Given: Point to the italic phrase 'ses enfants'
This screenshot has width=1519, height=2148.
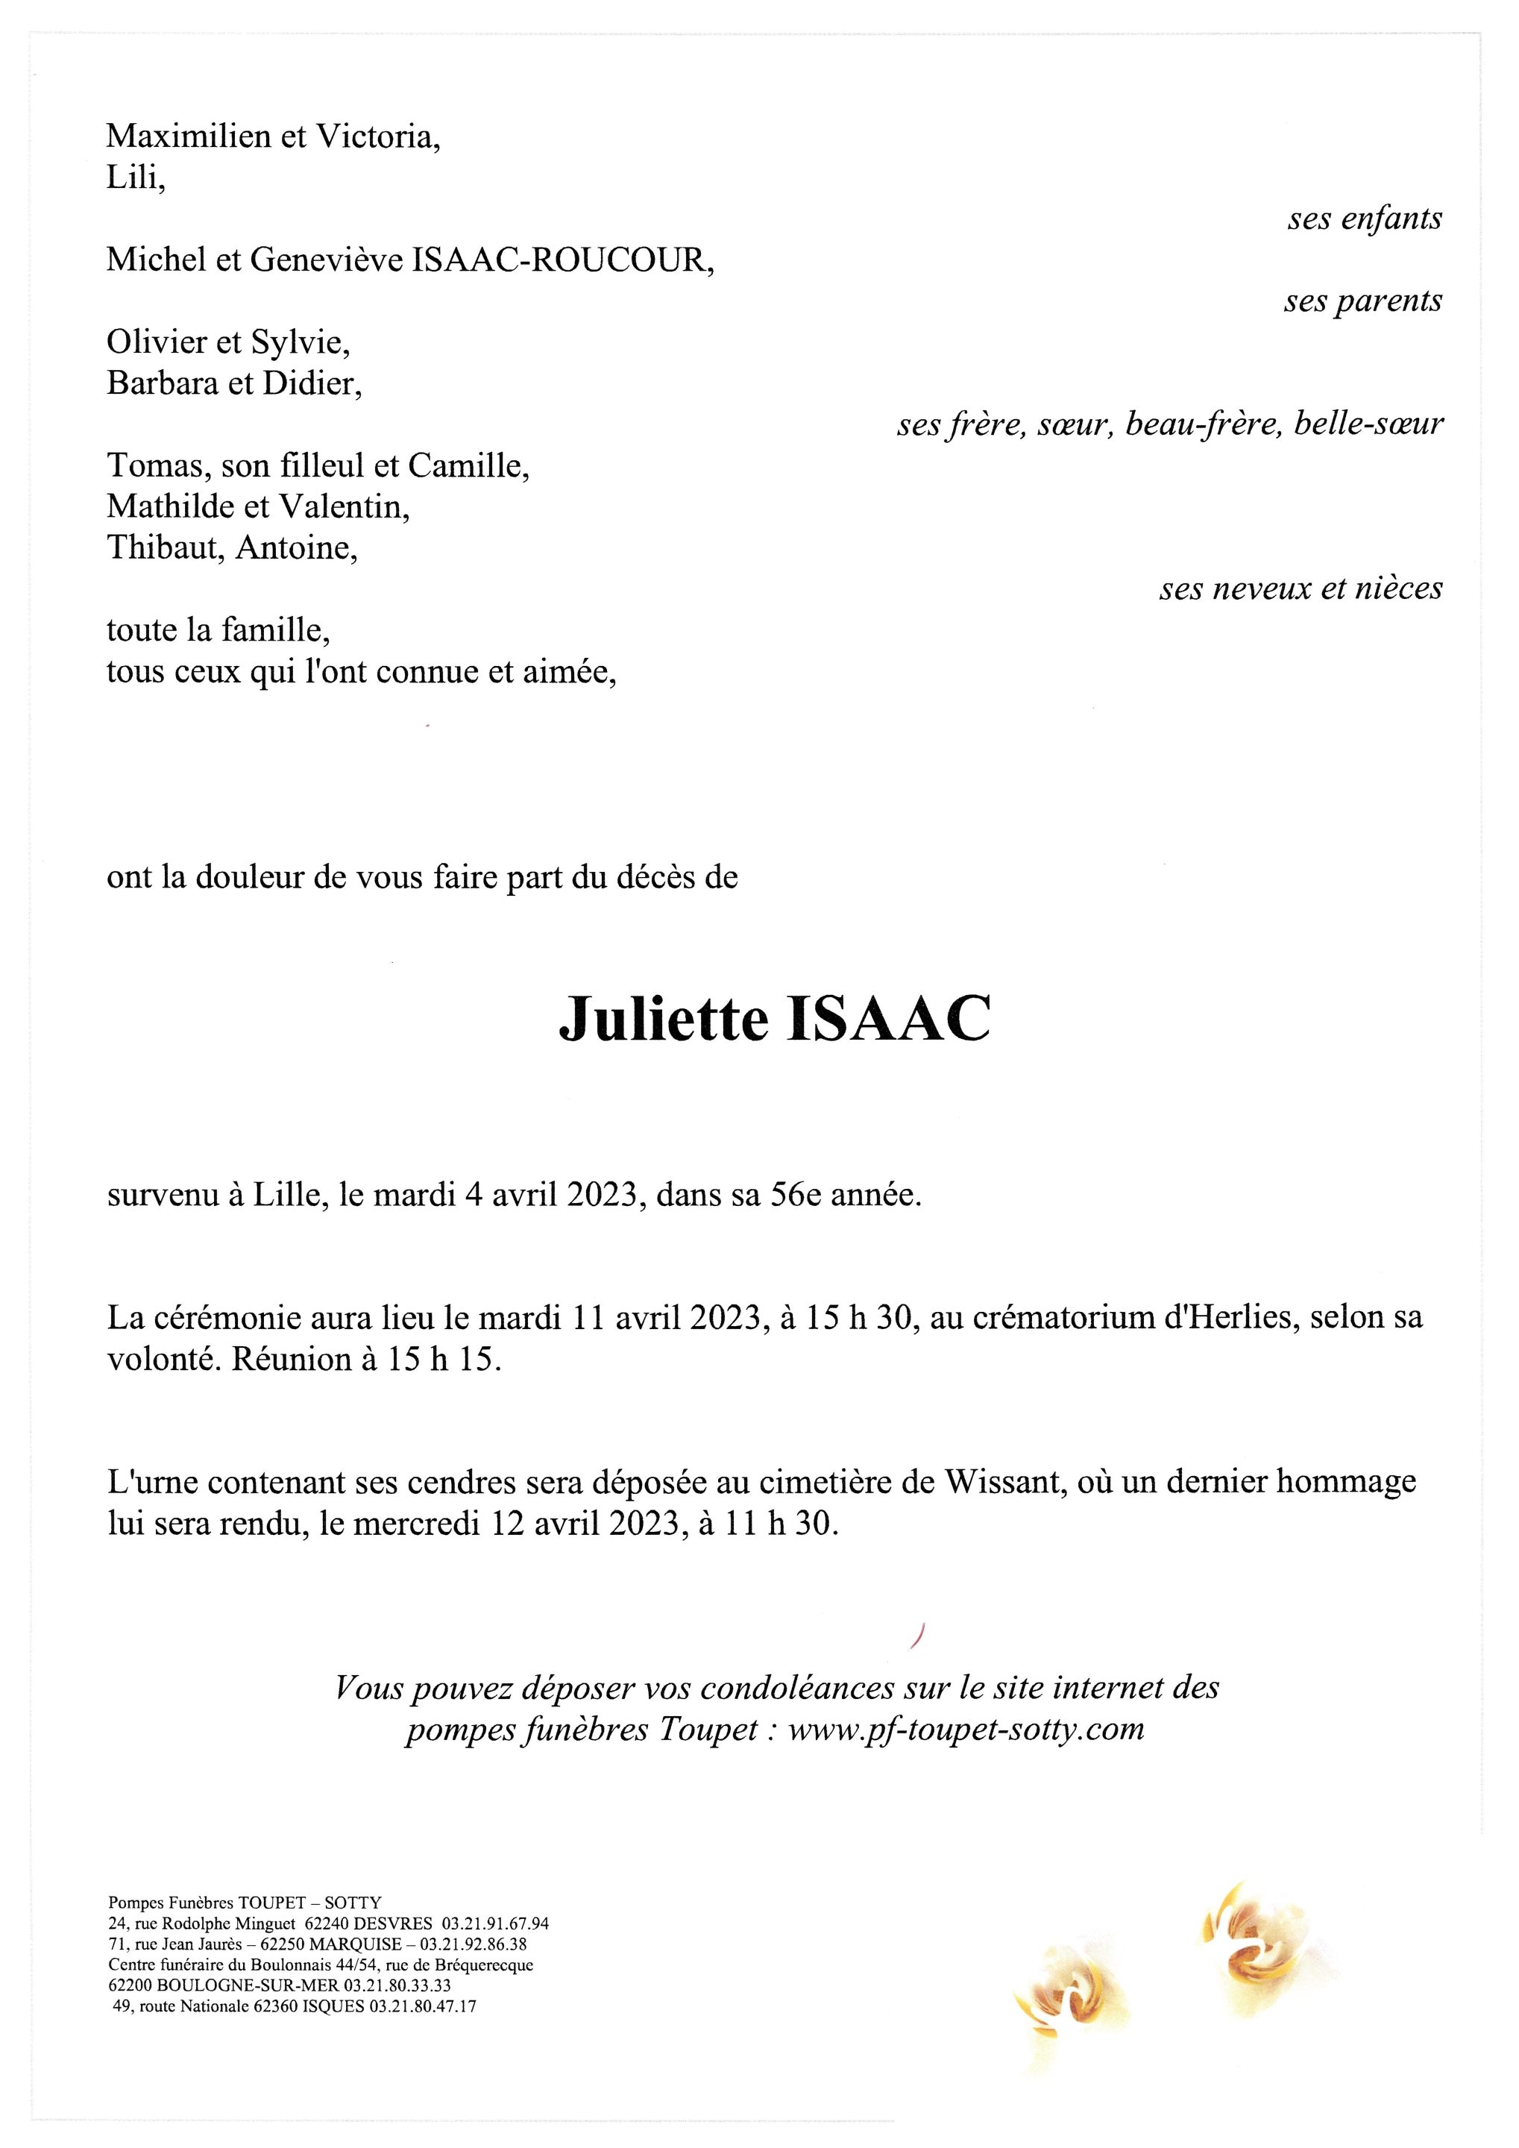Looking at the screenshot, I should (1365, 219).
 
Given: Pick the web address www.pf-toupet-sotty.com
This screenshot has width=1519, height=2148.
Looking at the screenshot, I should (966, 1729).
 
